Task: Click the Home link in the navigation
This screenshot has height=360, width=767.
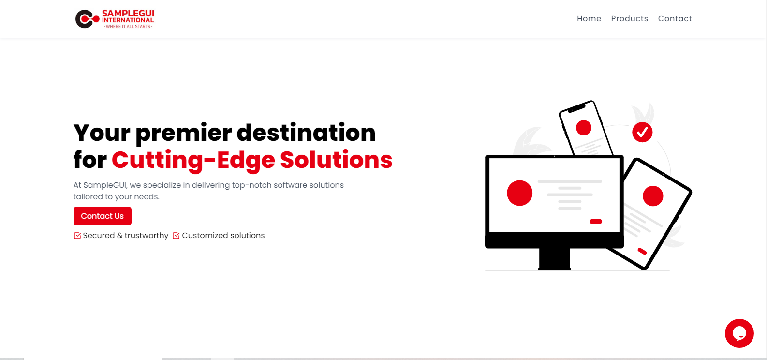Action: click(589, 18)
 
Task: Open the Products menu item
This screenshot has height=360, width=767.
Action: click(629, 18)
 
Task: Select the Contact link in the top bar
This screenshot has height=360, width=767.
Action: click(675, 18)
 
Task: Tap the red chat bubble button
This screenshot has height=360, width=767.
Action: click(739, 333)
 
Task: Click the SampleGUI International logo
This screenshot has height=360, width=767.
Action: click(115, 19)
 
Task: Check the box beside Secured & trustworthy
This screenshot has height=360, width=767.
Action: click(77, 236)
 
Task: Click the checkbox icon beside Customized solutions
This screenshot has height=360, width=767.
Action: click(176, 236)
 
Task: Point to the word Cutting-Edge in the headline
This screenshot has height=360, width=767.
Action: click(193, 160)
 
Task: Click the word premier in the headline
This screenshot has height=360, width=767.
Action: click(184, 133)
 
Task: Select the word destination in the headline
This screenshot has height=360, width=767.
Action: click(306, 133)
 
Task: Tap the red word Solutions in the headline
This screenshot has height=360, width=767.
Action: click(336, 160)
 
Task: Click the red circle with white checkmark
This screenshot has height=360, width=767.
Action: click(642, 132)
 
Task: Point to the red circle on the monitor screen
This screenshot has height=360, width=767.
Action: click(519, 193)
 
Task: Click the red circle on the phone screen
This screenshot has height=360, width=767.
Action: click(583, 128)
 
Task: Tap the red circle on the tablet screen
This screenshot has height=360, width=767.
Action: click(653, 196)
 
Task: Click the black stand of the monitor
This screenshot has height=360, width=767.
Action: click(554, 258)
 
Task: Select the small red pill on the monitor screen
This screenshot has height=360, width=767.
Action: click(596, 221)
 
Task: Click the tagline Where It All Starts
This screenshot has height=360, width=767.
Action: click(128, 27)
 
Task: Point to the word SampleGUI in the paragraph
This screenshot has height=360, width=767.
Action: click(105, 185)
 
